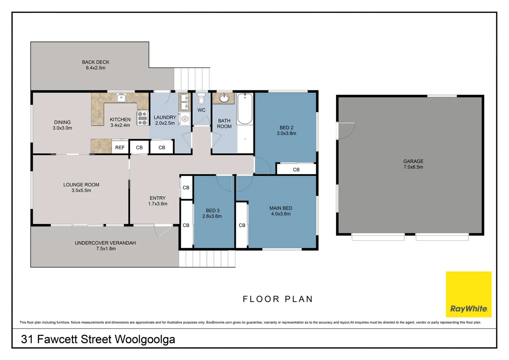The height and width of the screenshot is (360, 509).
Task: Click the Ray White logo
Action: click(468, 294)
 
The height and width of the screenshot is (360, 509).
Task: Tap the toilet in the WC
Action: click(201, 98)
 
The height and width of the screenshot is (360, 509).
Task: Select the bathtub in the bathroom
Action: click(245, 109)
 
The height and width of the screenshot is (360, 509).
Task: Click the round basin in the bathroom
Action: click(224, 98)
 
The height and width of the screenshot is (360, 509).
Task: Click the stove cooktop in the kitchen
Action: click(142, 118)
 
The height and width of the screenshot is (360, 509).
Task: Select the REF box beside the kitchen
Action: click(120, 148)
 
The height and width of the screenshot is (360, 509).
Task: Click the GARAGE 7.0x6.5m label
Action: click(413, 164)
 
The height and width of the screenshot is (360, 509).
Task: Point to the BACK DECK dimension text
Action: click(95, 68)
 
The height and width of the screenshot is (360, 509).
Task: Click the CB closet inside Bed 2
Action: click(296, 169)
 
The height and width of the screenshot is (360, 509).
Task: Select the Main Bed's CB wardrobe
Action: click(242, 225)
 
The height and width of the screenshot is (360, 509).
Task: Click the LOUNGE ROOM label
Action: click(81, 187)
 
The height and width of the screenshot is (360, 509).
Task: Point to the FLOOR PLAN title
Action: click(278, 299)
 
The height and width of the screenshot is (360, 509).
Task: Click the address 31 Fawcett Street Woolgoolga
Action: click(98, 340)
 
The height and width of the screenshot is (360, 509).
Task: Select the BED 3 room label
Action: click(213, 213)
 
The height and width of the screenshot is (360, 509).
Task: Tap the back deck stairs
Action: click(192, 78)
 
